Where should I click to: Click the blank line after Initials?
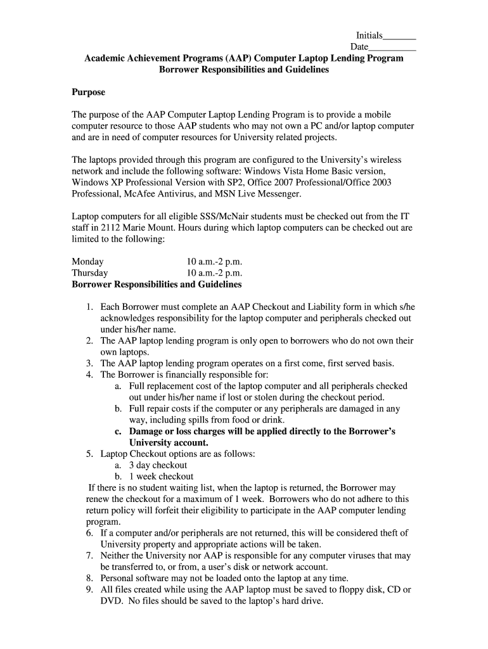click(x=400, y=37)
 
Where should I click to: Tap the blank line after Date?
click(x=392, y=48)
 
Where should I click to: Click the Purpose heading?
click(x=88, y=92)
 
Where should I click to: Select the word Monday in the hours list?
click(x=87, y=262)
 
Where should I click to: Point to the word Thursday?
click(x=90, y=273)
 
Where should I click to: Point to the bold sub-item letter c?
click(x=118, y=431)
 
